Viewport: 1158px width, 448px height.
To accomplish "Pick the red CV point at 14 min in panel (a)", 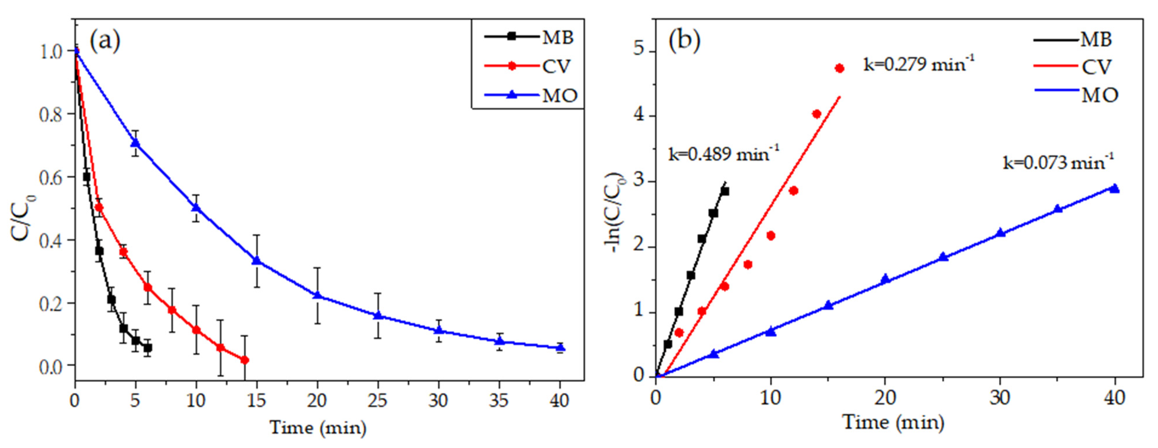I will tap(245, 360).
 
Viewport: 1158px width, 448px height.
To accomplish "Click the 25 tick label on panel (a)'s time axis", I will tap(378, 400).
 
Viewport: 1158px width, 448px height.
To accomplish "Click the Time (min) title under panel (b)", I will tap(893, 423).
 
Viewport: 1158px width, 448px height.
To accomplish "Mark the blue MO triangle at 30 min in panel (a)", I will tap(439, 331).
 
